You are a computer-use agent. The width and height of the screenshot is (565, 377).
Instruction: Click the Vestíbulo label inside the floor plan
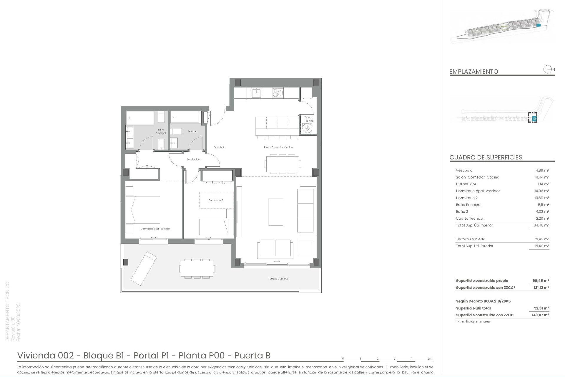click(220, 147)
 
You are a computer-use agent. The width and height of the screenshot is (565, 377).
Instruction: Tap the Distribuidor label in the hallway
click(194, 160)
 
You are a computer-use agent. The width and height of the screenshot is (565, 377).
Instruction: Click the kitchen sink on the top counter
click(256, 93)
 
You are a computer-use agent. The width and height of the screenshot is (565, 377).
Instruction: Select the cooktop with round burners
click(278, 93)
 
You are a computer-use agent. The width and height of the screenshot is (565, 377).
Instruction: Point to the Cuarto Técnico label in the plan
click(309, 119)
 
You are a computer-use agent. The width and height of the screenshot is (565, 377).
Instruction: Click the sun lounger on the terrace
click(143, 268)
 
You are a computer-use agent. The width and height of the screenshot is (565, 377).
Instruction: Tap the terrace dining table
click(197, 269)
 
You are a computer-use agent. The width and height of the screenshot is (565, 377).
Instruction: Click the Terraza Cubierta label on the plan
click(278, 279)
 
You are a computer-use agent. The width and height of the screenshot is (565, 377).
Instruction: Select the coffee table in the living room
click(276, 212)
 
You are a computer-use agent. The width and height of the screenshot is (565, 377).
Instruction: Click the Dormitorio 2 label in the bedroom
click(215, 200)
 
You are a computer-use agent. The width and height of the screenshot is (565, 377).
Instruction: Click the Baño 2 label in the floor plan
click(192, 131)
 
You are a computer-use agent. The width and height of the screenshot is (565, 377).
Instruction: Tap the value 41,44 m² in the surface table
click(541, 177)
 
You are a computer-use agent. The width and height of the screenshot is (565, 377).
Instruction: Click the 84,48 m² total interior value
click(541, 225)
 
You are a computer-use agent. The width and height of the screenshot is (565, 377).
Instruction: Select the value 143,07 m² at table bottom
click(541, 315)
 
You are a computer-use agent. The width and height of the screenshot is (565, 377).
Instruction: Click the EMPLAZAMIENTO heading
click(473, 72)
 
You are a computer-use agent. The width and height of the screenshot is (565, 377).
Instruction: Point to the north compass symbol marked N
click(548, 70)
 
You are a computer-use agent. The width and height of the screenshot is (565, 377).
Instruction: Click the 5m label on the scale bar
click(430, 359)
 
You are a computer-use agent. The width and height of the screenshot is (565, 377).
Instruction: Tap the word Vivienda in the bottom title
click(37, 355)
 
